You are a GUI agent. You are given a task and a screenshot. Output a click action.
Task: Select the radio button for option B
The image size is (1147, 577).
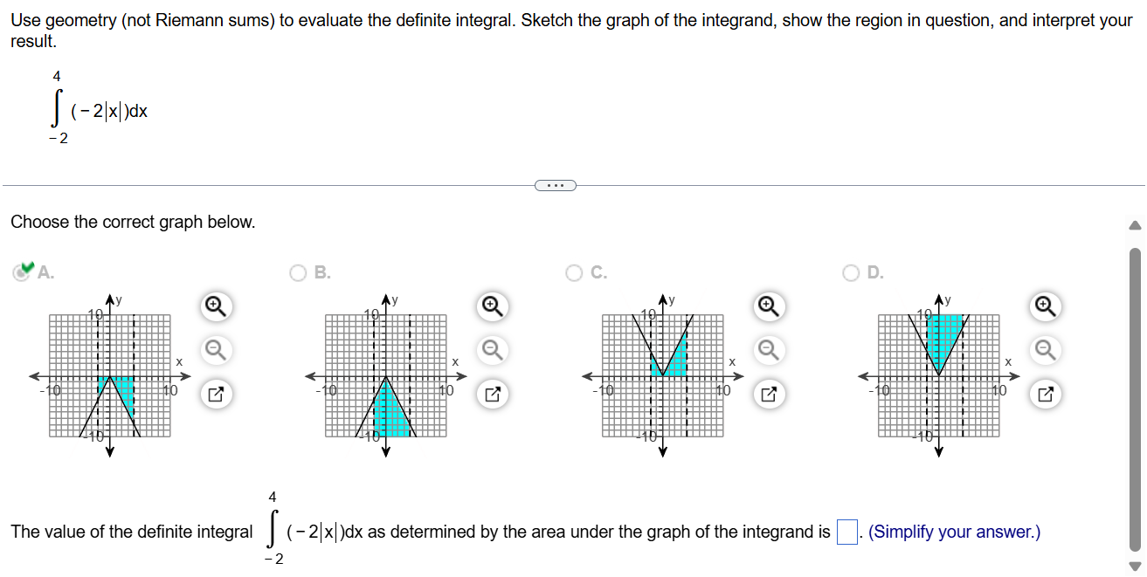[300, 272]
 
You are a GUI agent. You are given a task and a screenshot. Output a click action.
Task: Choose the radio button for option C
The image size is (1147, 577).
[574, 272]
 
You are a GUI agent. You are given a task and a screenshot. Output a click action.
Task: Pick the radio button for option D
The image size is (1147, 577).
[853, 272]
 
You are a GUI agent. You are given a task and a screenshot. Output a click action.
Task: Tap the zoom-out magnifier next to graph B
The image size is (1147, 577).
[492, 349]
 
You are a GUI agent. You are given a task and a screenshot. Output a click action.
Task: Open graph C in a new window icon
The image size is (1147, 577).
[768, 395]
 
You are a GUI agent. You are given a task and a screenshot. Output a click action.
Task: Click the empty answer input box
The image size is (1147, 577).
[846, 532]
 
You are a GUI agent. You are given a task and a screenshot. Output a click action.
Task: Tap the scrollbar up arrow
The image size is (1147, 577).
[1135, 225]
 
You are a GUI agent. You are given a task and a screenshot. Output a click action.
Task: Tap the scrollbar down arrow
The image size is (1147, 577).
[1135, 564]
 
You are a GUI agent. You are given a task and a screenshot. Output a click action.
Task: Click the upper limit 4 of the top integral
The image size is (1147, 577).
[57, 77]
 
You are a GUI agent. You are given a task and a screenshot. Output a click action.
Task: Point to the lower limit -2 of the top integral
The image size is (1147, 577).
[58, 138]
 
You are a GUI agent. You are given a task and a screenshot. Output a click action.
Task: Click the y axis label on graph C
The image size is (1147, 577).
[674, 300]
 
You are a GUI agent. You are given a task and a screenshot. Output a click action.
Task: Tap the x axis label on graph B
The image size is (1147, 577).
[455, 361]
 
